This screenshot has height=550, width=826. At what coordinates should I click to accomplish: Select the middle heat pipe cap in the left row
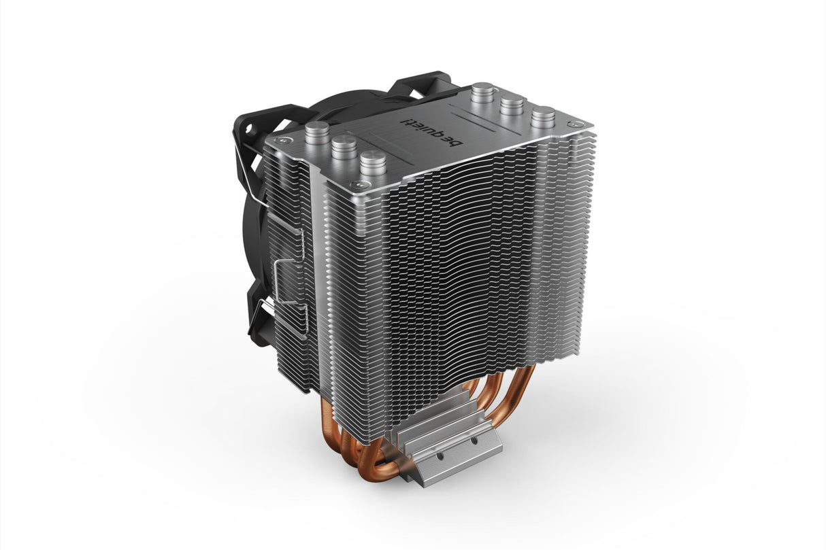pyautogui.click(x=344, y=145)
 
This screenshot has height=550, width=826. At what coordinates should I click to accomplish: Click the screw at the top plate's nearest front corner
pyautogui.click(x=352, y=185)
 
